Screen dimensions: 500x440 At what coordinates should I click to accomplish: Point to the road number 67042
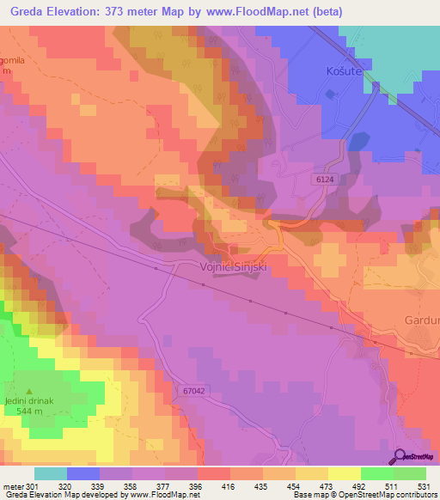195,391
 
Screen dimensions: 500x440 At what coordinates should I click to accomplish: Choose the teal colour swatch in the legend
51,473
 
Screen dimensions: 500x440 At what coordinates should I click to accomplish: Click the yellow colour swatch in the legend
345,473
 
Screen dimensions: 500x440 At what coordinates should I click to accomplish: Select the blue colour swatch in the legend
83,473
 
